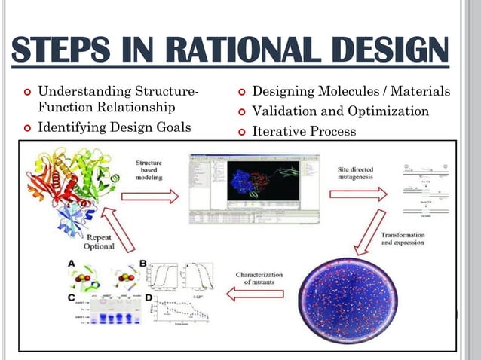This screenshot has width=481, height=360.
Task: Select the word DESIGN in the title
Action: point(384,51)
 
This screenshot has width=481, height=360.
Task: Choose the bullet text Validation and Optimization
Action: point(340,111)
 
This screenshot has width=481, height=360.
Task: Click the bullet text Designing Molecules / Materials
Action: point(351,92)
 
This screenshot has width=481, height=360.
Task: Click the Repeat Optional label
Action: point(98,243)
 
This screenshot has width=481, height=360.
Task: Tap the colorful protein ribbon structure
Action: point(67,188)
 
